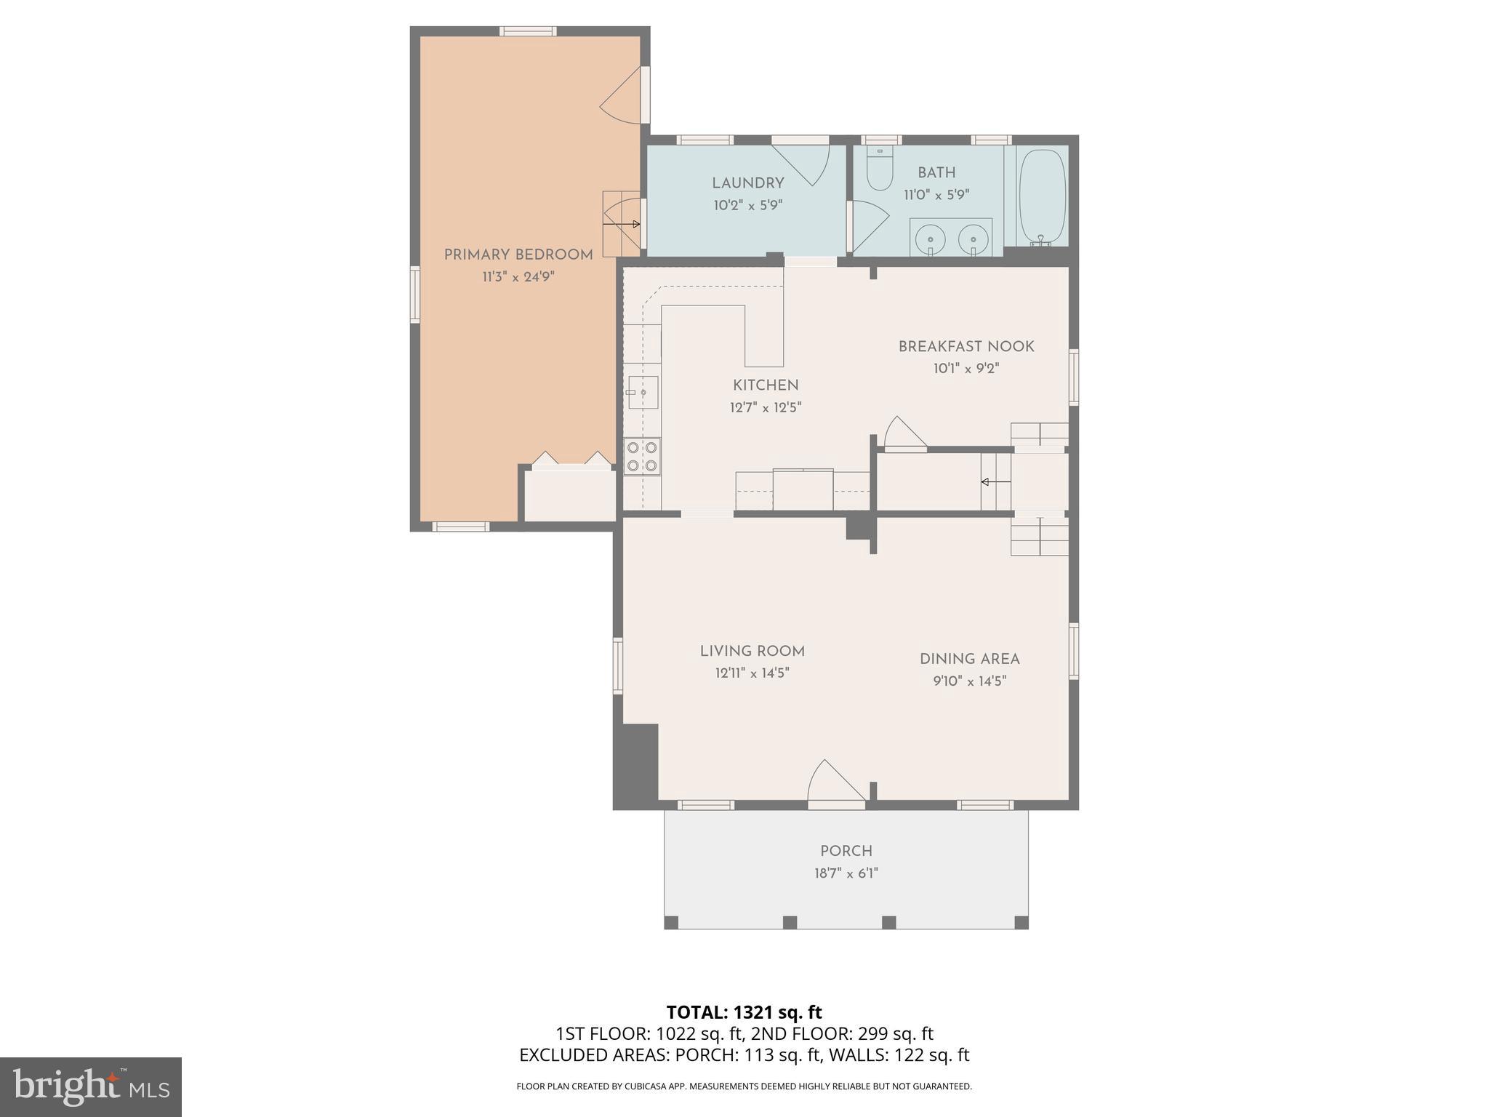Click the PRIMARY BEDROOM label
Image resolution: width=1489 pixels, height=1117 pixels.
pos(518,255)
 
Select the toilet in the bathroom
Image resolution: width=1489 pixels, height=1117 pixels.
pos(880,170)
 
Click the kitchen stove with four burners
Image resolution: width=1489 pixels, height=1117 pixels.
pos(642,457)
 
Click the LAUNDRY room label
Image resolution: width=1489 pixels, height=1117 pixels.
pos(747,183)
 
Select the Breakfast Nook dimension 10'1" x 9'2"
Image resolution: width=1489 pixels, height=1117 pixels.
pos(966,369)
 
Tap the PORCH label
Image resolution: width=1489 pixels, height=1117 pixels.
pos(846,851)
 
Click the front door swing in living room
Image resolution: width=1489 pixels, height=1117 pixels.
pos(835,783)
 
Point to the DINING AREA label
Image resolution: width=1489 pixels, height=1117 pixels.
pos(969,659)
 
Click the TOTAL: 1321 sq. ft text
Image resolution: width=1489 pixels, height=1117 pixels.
pos(744,1012)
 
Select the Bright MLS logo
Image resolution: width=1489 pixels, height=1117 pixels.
pos(91,1087)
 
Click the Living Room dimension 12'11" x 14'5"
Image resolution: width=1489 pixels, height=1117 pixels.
pos(752,673)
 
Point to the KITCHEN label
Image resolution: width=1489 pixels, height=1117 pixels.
pos(766,385)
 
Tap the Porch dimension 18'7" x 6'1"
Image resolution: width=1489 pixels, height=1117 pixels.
pos(846,873)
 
